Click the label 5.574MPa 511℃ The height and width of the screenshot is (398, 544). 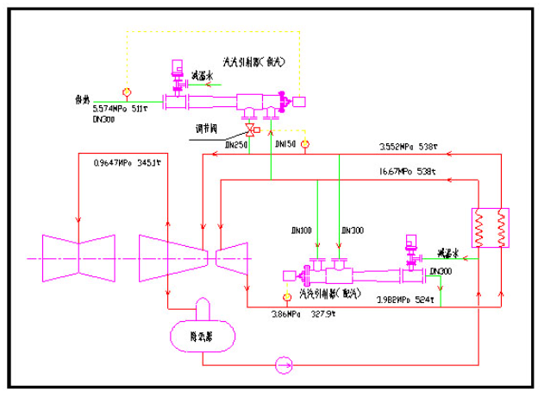pyautogui.click(x=121, y=111)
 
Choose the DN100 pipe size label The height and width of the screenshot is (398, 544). pyautogui.click(x=301, y=231)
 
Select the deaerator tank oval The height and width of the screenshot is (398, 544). pyautogui.click(x=203, y=332)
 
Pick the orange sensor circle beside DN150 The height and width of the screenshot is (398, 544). pyautogui.click(x=303, y=143)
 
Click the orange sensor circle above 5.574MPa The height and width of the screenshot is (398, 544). pyautogui.click(x=126, y=91)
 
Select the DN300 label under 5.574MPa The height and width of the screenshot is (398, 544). pyautogui.click(x=103, y=121)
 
